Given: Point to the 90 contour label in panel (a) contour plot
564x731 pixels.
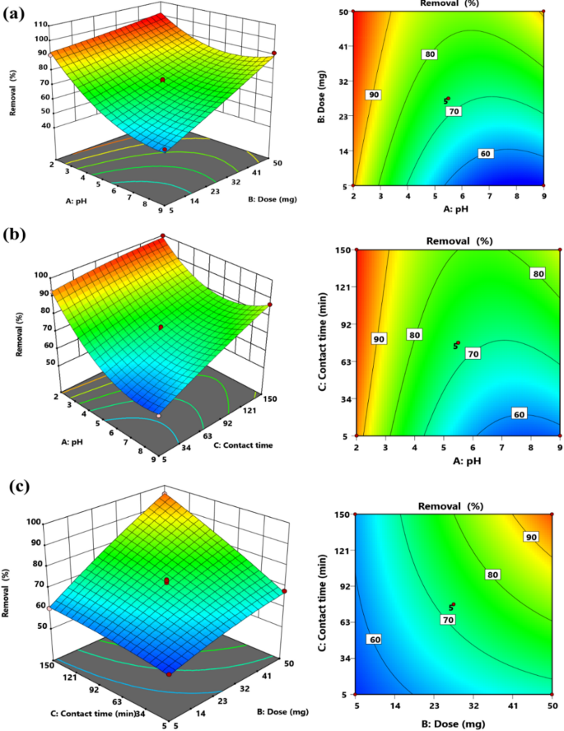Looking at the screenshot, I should coord(374,95).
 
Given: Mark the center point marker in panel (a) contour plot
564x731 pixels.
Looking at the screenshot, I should coord(448,100).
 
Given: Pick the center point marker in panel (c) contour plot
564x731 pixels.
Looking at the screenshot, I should coord(450,607).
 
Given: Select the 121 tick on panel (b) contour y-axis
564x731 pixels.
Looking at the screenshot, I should coord(339,286).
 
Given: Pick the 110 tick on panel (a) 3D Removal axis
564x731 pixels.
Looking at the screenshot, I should coord(39,24).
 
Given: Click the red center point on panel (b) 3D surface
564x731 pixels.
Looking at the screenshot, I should coord(161,328).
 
